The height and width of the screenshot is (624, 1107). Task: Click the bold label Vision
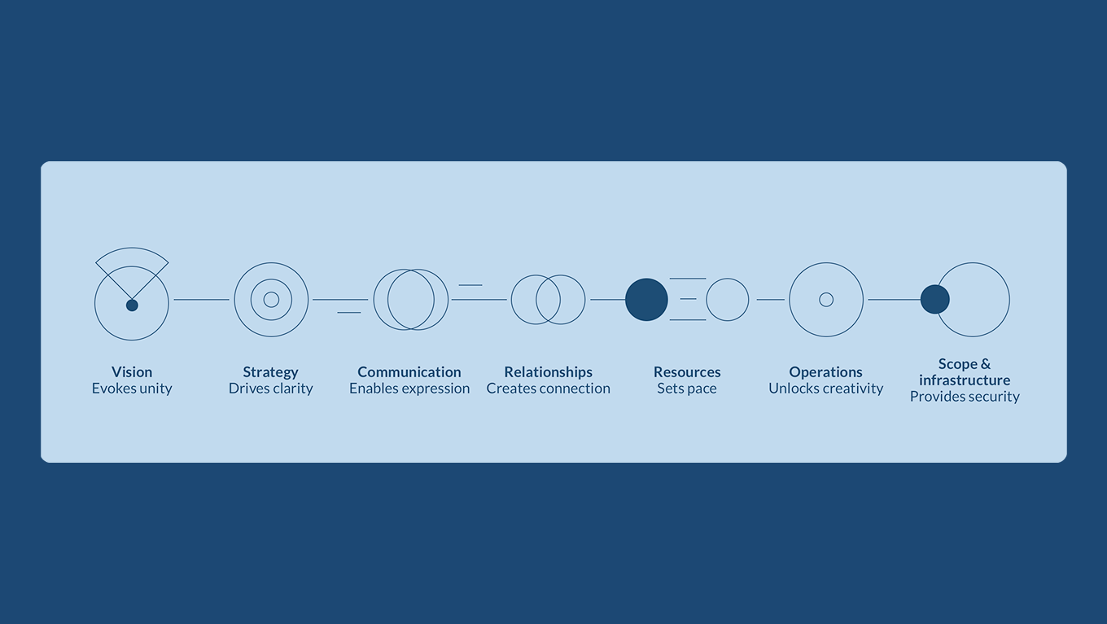(x=132, y=372)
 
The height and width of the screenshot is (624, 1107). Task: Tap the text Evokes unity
(x=132, y=389)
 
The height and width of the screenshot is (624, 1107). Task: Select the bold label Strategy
(x=270, y=372)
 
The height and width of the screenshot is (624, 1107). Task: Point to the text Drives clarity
(x=270, y=389)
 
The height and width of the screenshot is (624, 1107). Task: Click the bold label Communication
(x=409, y=372)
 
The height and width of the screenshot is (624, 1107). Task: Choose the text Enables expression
(x=409, y=389)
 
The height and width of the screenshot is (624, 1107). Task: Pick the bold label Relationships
(x=548, y=372)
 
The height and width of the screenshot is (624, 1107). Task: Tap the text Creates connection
(x=548, y=389)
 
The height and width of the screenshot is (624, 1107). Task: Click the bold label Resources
(x=687, y=372)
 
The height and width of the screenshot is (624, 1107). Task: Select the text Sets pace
(x=687, y=389)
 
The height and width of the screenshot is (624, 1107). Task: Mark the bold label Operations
(x=825, y=372)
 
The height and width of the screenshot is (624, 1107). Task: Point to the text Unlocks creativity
(x=825, y=389)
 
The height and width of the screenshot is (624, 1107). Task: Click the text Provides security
(x=965, y=397)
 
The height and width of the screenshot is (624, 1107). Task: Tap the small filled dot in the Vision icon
(x=132, y=305)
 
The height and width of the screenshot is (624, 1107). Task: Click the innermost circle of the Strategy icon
(x=271, y=300)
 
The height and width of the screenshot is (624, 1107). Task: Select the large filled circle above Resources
(x=646, y=300)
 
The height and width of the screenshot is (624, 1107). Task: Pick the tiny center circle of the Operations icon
(x=826, y=300)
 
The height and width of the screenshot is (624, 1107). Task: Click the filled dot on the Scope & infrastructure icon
(x=934, y=300)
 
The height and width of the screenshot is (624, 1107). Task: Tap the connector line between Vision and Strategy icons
(x=202, y=300)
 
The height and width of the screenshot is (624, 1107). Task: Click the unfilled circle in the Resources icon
(x=727, y=300)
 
